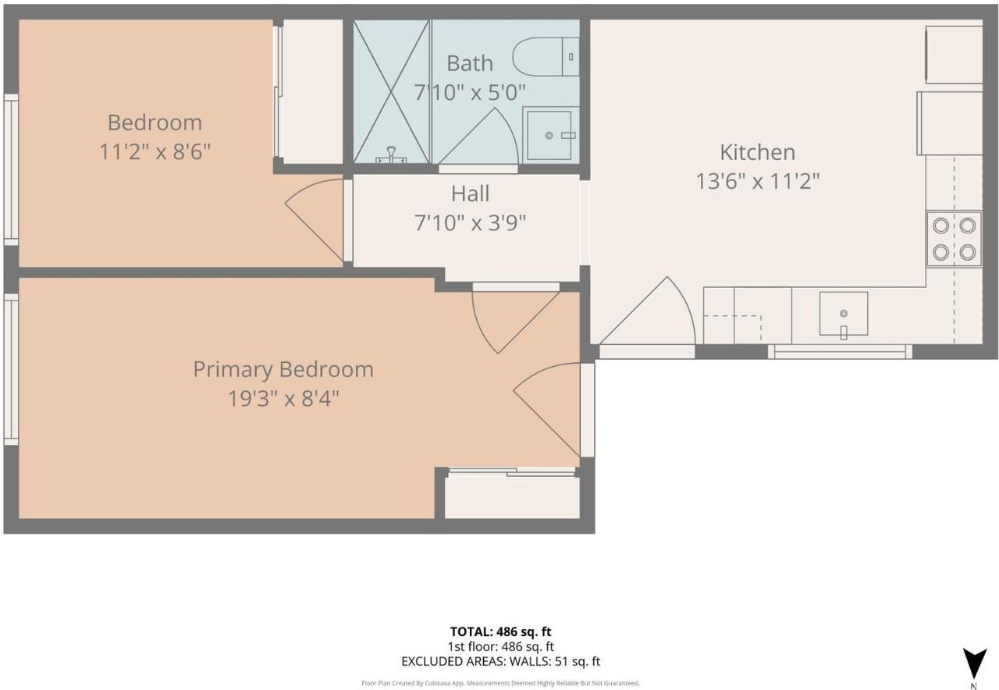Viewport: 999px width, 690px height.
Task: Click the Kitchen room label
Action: [757, 152]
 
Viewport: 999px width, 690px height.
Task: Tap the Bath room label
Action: [470, 63]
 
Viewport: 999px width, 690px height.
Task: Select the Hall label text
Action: [470, 194]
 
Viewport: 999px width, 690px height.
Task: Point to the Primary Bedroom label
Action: [283, 370]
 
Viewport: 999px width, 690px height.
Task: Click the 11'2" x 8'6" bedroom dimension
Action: [155, 151]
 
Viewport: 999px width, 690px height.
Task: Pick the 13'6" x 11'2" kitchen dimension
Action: [758, 182]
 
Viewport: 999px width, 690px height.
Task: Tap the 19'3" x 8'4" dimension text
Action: [283, 398]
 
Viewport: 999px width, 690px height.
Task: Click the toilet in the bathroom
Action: [546, 57]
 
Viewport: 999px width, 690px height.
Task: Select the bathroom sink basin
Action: [549, 135]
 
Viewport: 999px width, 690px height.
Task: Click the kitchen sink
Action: [844, 314]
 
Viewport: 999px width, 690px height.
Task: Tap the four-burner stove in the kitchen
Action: [954, 240]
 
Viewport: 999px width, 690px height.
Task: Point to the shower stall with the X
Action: [391, 91]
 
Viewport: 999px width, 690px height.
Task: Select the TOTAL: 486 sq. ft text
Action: [500, 631]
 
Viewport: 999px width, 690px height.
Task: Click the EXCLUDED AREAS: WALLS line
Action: [500, 661]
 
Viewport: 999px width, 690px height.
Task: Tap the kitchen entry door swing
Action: [647, 311]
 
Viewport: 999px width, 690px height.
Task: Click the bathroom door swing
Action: [478, 136]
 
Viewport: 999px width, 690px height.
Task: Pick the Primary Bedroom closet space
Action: [512, 498]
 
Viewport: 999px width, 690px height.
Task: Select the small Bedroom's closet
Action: [313, 91]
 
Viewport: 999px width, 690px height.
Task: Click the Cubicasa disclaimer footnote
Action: [500, 683]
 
